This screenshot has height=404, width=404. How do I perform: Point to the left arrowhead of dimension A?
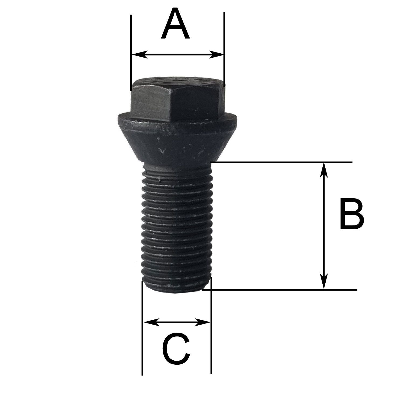coord(138,55)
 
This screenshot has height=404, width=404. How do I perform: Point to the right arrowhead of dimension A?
coord(217,55)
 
